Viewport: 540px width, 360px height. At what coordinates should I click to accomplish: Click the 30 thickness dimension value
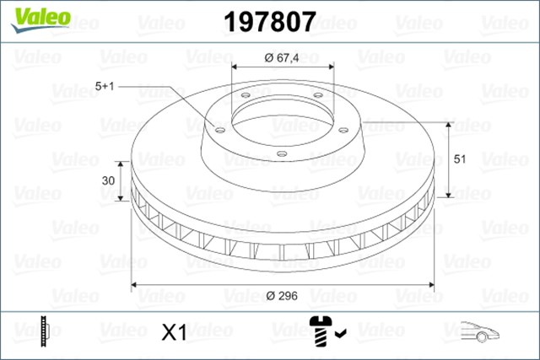point(109,180)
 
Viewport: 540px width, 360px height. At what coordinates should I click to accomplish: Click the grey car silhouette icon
point(480,331)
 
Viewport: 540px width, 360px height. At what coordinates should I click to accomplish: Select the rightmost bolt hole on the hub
point(345,129)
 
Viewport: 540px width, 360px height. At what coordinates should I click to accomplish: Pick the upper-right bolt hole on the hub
point(317,94)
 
